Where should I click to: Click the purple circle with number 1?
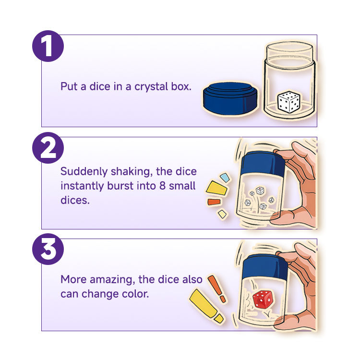coord(48,46)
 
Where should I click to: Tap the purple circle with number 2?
coord(48,148)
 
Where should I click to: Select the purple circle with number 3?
coord(48,249)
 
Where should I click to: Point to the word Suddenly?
coord(84,172)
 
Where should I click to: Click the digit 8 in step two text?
coord(162,186)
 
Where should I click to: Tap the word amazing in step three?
coord(112,280)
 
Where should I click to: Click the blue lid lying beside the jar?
coord(230,98)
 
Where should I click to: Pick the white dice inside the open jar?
coord(288,102)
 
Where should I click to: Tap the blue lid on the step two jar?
coord(264,163)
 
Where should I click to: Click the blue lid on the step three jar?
coord(265,266)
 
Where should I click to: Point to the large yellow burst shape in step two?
coord(216,188)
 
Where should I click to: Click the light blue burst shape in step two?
coord(225,178)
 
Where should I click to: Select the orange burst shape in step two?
coord(214,202)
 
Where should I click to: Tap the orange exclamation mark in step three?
coord(217,288)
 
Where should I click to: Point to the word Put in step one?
coord(69,86)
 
